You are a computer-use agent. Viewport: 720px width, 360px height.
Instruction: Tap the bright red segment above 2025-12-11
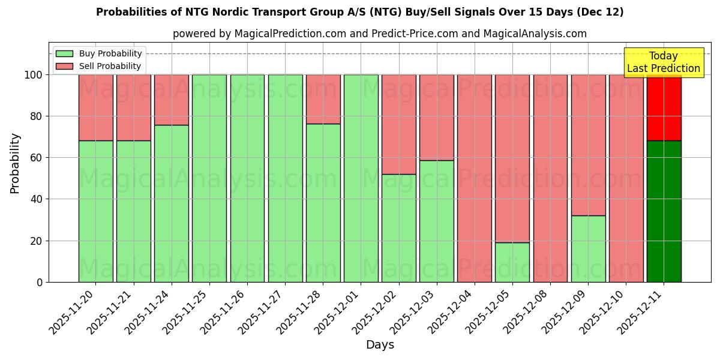point(664,107)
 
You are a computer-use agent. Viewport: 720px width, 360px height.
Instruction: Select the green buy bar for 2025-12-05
point(512,262)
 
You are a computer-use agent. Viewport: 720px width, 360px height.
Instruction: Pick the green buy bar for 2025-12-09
point(588,248)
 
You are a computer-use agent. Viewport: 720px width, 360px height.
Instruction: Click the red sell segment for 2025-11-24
point(172,100)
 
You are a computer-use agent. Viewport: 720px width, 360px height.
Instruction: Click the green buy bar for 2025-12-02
point(399,228)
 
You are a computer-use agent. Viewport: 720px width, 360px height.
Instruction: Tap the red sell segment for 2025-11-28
point(323,99)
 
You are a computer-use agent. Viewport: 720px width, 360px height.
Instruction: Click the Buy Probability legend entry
point(99,53)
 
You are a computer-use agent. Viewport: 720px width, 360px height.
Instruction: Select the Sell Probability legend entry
point(99,66)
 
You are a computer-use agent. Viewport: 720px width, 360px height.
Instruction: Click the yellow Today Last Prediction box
point(663,62)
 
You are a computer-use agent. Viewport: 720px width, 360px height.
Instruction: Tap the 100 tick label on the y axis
point(34,75)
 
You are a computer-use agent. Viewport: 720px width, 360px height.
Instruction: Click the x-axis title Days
point(380,345)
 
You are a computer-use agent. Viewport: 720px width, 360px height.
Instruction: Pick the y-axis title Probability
point(15,163)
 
